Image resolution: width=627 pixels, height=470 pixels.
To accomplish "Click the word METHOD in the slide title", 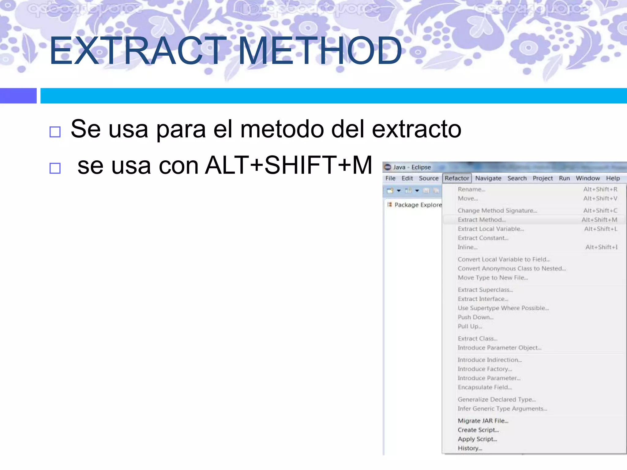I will (320, 51).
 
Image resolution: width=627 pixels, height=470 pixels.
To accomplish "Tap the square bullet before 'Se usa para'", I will (55, 132).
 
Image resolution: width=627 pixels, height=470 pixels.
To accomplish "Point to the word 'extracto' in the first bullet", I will (416, 129).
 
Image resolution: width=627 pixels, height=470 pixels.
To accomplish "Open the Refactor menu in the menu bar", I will (457, 178).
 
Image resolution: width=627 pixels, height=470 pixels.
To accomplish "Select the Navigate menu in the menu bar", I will (488, 178).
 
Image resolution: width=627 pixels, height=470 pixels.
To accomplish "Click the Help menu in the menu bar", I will (613, 178).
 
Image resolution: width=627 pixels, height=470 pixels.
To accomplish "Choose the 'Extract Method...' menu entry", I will (482, 220).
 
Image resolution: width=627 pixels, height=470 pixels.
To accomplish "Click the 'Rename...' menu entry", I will (471, 189).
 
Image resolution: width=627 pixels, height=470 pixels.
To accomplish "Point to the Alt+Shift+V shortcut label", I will (600, 199).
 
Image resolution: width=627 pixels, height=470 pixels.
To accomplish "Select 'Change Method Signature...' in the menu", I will (497, 211).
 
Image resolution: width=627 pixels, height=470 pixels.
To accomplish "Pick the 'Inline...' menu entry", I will (467, 247).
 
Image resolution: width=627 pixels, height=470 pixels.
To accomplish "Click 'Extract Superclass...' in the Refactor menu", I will (485, 290).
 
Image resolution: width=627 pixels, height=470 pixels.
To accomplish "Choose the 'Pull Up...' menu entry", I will (470, 326).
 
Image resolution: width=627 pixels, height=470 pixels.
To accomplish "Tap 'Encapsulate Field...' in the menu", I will (485, 387).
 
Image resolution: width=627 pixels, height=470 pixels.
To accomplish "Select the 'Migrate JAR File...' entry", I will (483, 421).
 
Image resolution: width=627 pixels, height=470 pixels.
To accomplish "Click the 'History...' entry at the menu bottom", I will (470, 448).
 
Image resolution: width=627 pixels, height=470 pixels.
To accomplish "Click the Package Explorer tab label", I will (418, 205).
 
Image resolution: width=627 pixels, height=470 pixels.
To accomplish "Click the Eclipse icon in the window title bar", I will (388, 167).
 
